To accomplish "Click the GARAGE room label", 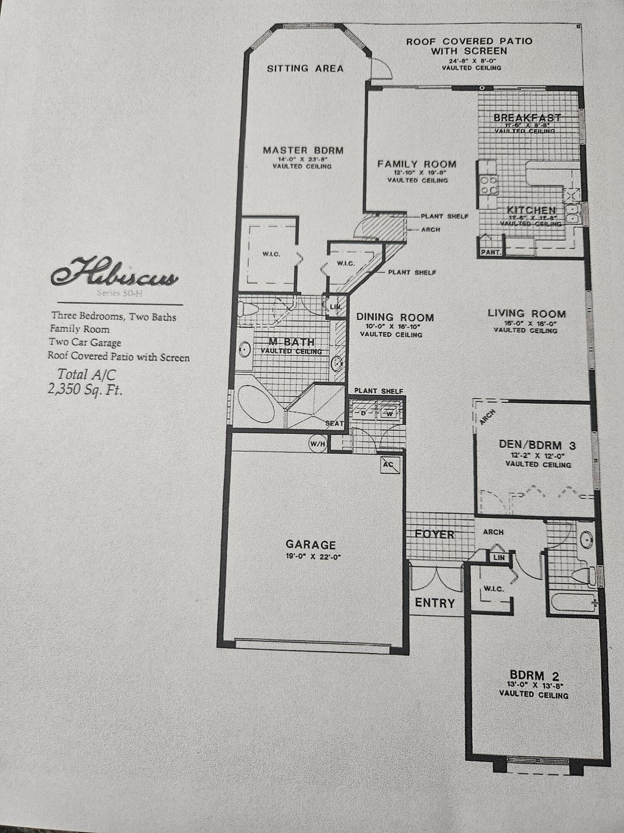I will [310, 545].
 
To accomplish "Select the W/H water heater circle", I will [317, 444].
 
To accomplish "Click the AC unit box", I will [390, 465].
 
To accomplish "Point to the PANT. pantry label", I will [490, 252].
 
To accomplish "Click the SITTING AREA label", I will [305, 69].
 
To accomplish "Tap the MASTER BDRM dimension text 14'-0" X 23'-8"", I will [303, 159].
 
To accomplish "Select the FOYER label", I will [434, 534].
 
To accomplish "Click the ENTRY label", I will [435, 603].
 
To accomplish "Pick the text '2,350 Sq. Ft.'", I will [85, 390].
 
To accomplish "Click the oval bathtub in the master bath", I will [255, 404].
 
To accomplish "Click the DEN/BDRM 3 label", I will [537, 445].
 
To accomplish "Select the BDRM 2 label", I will [534, 676].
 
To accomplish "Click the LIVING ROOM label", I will [527, 314].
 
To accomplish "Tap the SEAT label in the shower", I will [334, 424].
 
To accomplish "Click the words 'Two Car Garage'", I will [85, 343].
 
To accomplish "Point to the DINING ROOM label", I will [395, 317].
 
